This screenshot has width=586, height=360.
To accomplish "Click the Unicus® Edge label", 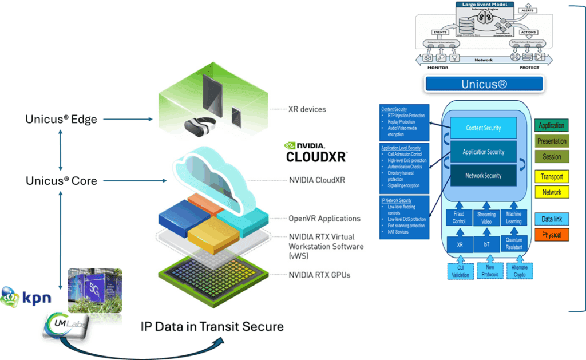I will point(61,120).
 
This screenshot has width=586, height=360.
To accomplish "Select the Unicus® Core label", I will point(61,181).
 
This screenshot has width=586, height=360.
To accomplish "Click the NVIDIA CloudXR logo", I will point(315,151).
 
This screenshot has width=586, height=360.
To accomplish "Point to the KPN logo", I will point(26,298).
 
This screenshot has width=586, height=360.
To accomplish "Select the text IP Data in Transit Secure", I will point(212,327).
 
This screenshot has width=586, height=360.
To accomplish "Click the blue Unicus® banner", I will point(484,85).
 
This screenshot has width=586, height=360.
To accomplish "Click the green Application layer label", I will point(552,126).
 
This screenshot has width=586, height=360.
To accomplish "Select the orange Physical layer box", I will point(552,235).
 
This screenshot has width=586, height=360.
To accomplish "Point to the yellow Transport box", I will point(552,177).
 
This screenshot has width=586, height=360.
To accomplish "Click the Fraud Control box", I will point(459,218).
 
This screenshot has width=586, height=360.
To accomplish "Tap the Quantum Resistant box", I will point(514,244).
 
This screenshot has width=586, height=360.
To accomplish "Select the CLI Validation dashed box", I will point(460,271).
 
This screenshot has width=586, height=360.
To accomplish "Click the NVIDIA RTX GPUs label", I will point(319,275).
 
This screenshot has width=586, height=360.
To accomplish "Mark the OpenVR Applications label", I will point(324,219).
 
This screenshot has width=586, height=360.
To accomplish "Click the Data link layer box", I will point(552,219).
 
